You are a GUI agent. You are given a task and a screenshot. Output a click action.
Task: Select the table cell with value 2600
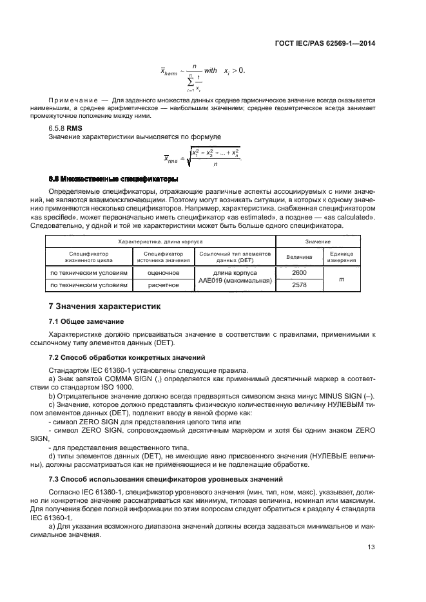(x=299, y=272)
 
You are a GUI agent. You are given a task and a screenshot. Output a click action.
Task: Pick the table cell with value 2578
(x=299, y=284)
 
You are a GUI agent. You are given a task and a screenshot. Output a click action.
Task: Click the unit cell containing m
(x=349, y=278)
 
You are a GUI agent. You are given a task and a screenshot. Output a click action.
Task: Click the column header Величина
(x=300, y=257)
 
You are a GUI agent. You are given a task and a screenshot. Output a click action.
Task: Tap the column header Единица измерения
(x=349, y=257)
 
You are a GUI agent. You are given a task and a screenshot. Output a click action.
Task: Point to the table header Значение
(x=324, y=241)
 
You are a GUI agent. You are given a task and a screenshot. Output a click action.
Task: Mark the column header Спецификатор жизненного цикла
(x=88, y=257)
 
